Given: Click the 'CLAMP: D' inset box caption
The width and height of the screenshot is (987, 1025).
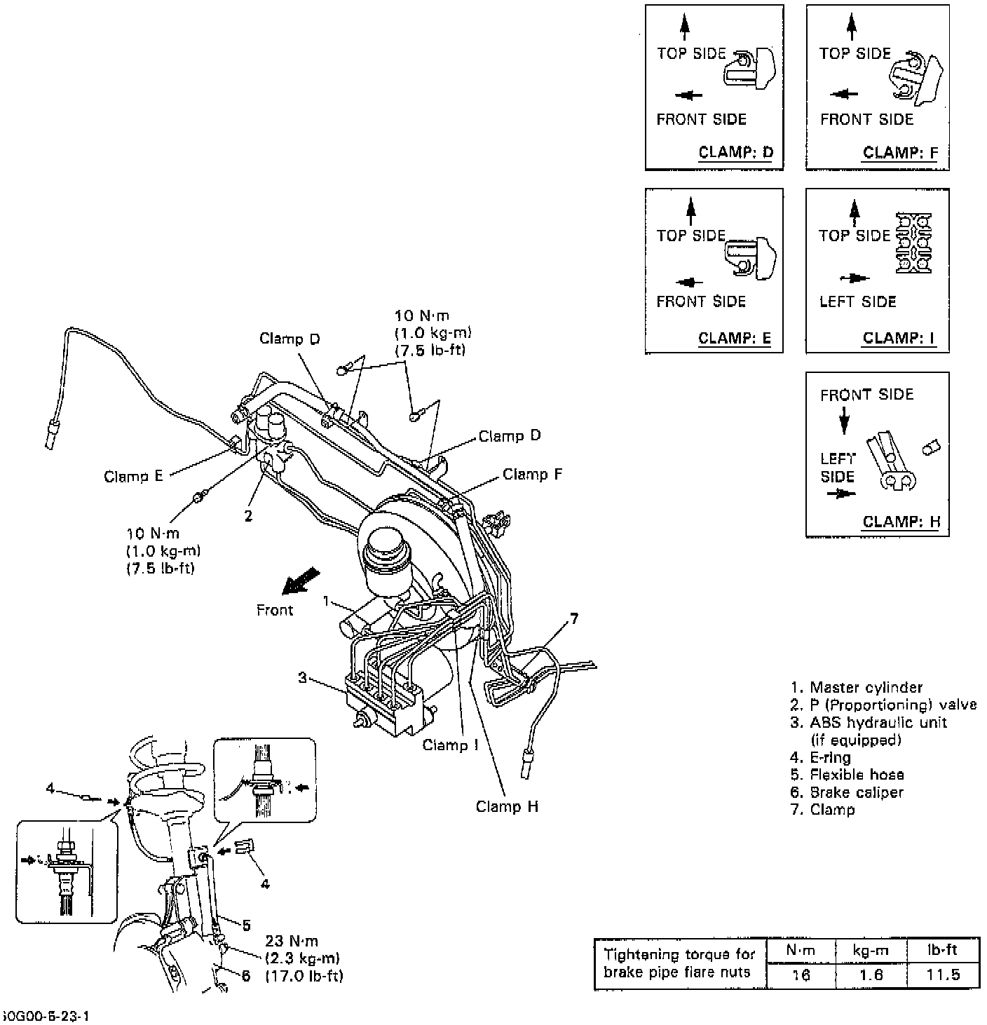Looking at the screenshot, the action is click(736, 152).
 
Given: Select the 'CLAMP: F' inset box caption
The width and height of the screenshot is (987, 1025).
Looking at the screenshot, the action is click(900, 153).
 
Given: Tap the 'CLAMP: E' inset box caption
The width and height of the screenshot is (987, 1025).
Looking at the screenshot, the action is click(735, 338).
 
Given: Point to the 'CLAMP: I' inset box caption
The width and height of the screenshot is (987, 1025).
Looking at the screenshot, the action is click(899, 338).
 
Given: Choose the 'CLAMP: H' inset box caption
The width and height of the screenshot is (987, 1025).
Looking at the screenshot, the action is click(901, 522).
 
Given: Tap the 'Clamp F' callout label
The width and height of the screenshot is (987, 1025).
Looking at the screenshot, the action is click(533, 475).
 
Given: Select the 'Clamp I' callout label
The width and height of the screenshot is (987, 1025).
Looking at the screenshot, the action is click(450, 745).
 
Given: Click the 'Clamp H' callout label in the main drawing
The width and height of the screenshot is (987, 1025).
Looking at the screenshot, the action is click(508, 807).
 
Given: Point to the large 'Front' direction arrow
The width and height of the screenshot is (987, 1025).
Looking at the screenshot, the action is click(301, 581).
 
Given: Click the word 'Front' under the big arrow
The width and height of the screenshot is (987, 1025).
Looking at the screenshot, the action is click(274, 610).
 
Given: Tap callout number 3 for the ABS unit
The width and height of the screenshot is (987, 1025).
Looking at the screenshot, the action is click(302, 677).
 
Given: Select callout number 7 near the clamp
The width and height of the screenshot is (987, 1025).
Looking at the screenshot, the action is click(574, 618).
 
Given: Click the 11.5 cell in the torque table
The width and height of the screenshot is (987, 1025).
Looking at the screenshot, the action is click(944, 975).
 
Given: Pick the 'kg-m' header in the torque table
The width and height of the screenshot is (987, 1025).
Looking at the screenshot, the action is click(871, 950).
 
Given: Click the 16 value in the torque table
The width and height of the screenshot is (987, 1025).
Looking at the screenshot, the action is click(801, 975).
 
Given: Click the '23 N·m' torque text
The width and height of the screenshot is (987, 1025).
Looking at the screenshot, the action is click(292, 941).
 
